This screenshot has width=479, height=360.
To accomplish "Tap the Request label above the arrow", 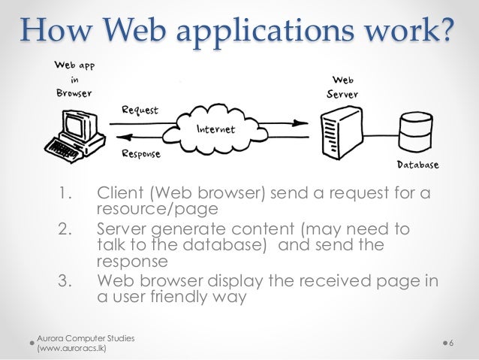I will (x=140, y=110).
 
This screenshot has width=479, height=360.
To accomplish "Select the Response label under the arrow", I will (x=142, y=154).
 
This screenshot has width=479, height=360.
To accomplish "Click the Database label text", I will (x=417, y=164).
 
